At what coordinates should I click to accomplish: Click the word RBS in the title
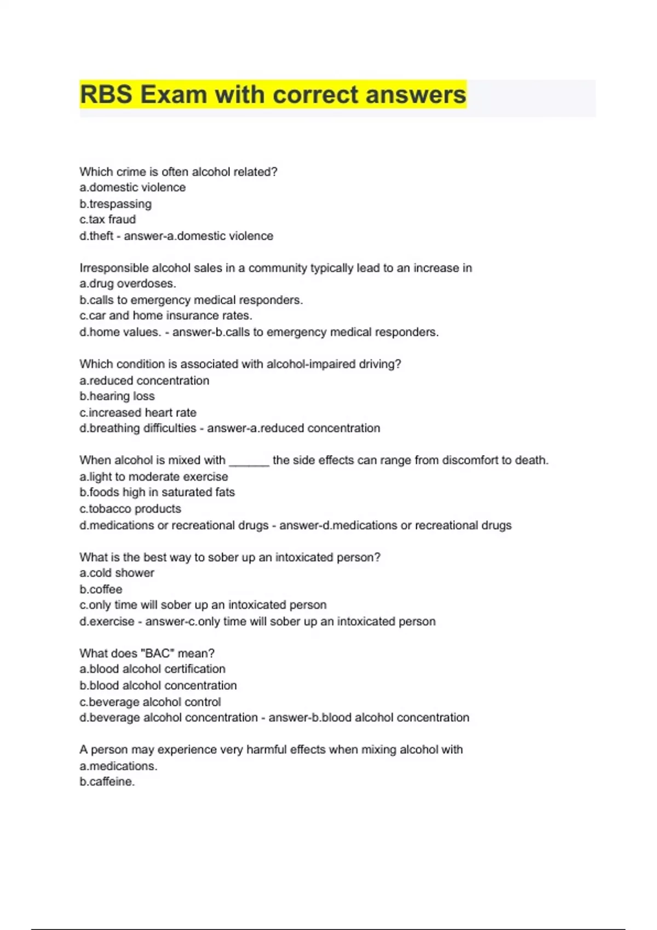click(106, 95)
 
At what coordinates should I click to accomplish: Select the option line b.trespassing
click(116, 204)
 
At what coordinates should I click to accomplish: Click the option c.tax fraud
click(108, 219)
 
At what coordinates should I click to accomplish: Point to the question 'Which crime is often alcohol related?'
click(178, 172)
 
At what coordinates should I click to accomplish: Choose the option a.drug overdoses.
click(128, 283)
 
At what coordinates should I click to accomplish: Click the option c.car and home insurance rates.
click(166, 316)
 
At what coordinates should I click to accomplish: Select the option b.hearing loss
click(117, 396)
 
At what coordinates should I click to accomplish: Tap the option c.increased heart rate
click(138, 412)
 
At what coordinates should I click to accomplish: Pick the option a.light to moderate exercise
click(154, 476)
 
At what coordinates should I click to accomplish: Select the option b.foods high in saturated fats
click(157, 492)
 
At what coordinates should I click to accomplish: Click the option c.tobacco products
click(130, 509)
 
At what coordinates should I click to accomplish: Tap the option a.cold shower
click(117, 573)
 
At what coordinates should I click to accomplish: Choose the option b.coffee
click(101, 589)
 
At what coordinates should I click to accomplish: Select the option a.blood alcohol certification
click(152, 669)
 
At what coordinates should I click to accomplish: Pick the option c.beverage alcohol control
click(150, 702)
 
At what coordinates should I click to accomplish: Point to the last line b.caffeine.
click(107, 782)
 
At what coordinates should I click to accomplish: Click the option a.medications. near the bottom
click(118, 766)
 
